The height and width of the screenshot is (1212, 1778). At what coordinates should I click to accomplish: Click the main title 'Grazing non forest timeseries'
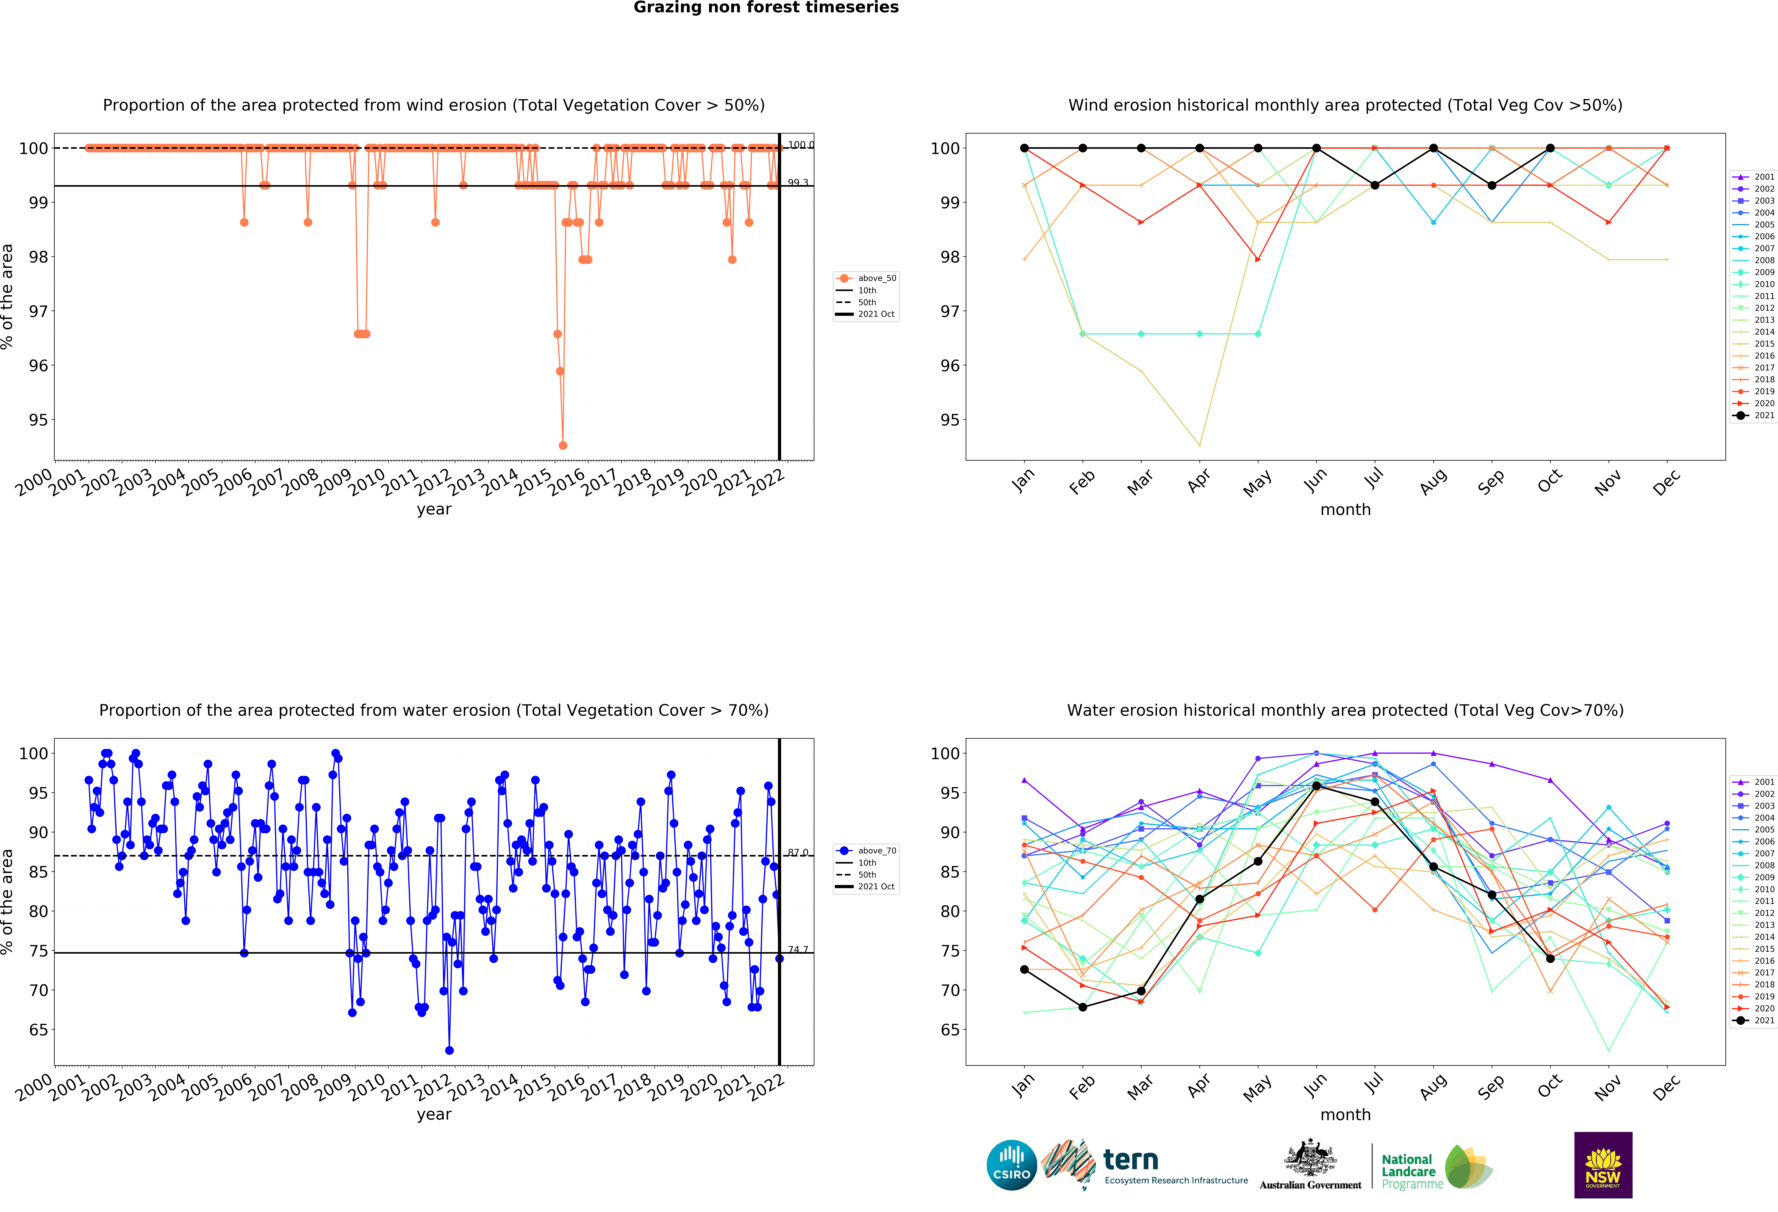[766, 8]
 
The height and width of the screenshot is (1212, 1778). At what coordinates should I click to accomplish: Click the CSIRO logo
[1011, 1165]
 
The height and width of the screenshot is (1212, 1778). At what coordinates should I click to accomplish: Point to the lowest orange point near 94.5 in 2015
[563, 445]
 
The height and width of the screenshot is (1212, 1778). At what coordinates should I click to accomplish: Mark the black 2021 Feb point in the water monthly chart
[1083, 1007]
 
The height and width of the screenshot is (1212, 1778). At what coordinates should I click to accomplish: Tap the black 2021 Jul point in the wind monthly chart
[1375, 185]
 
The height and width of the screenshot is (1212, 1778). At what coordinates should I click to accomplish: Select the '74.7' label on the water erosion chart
[798, 950]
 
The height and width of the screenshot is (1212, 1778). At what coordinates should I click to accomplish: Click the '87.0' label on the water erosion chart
[798, 852]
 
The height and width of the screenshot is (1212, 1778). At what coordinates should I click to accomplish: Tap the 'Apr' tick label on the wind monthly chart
[1199, 481]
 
